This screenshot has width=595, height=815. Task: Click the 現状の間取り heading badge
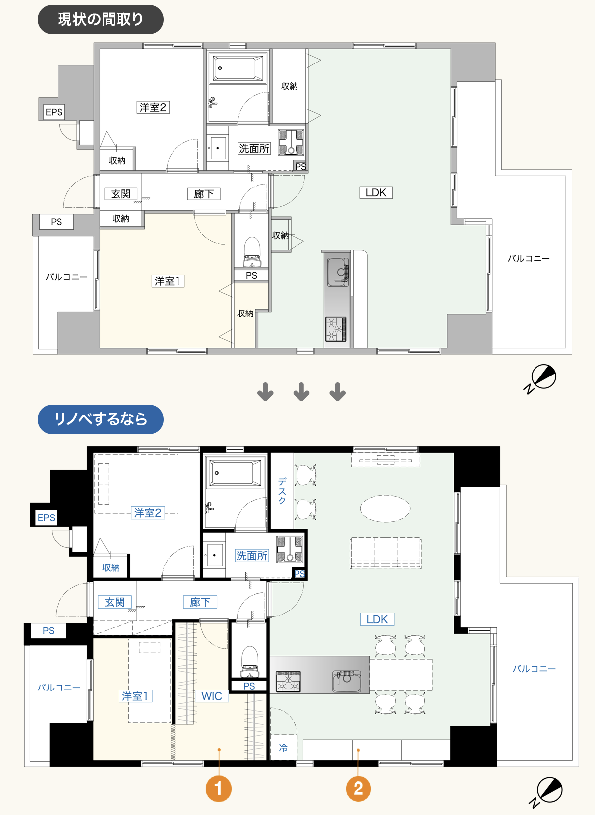[100, 20]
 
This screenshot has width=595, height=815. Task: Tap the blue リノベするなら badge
[100, 419]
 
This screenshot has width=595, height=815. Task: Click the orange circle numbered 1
[219, 789]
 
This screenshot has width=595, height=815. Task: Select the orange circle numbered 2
[358, 789]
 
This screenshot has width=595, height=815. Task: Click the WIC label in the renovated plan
[212, 696]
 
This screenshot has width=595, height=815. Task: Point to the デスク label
[282, 491]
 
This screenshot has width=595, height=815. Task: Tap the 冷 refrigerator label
[283, 748]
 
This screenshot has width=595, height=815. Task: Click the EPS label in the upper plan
[54, 112]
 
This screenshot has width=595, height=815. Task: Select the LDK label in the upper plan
[376, 192]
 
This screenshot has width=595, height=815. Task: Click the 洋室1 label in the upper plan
[168, 281]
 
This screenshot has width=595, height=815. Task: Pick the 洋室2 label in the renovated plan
[148, 513]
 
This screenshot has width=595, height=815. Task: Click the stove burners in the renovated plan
[288, 682]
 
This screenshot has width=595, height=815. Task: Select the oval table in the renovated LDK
[385, 508]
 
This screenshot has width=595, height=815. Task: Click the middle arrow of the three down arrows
[301, 392]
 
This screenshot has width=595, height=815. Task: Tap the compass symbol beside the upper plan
[540, 378]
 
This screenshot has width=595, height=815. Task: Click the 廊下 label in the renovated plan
[200, 602]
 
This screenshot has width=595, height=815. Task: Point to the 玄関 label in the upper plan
[121, 194]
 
